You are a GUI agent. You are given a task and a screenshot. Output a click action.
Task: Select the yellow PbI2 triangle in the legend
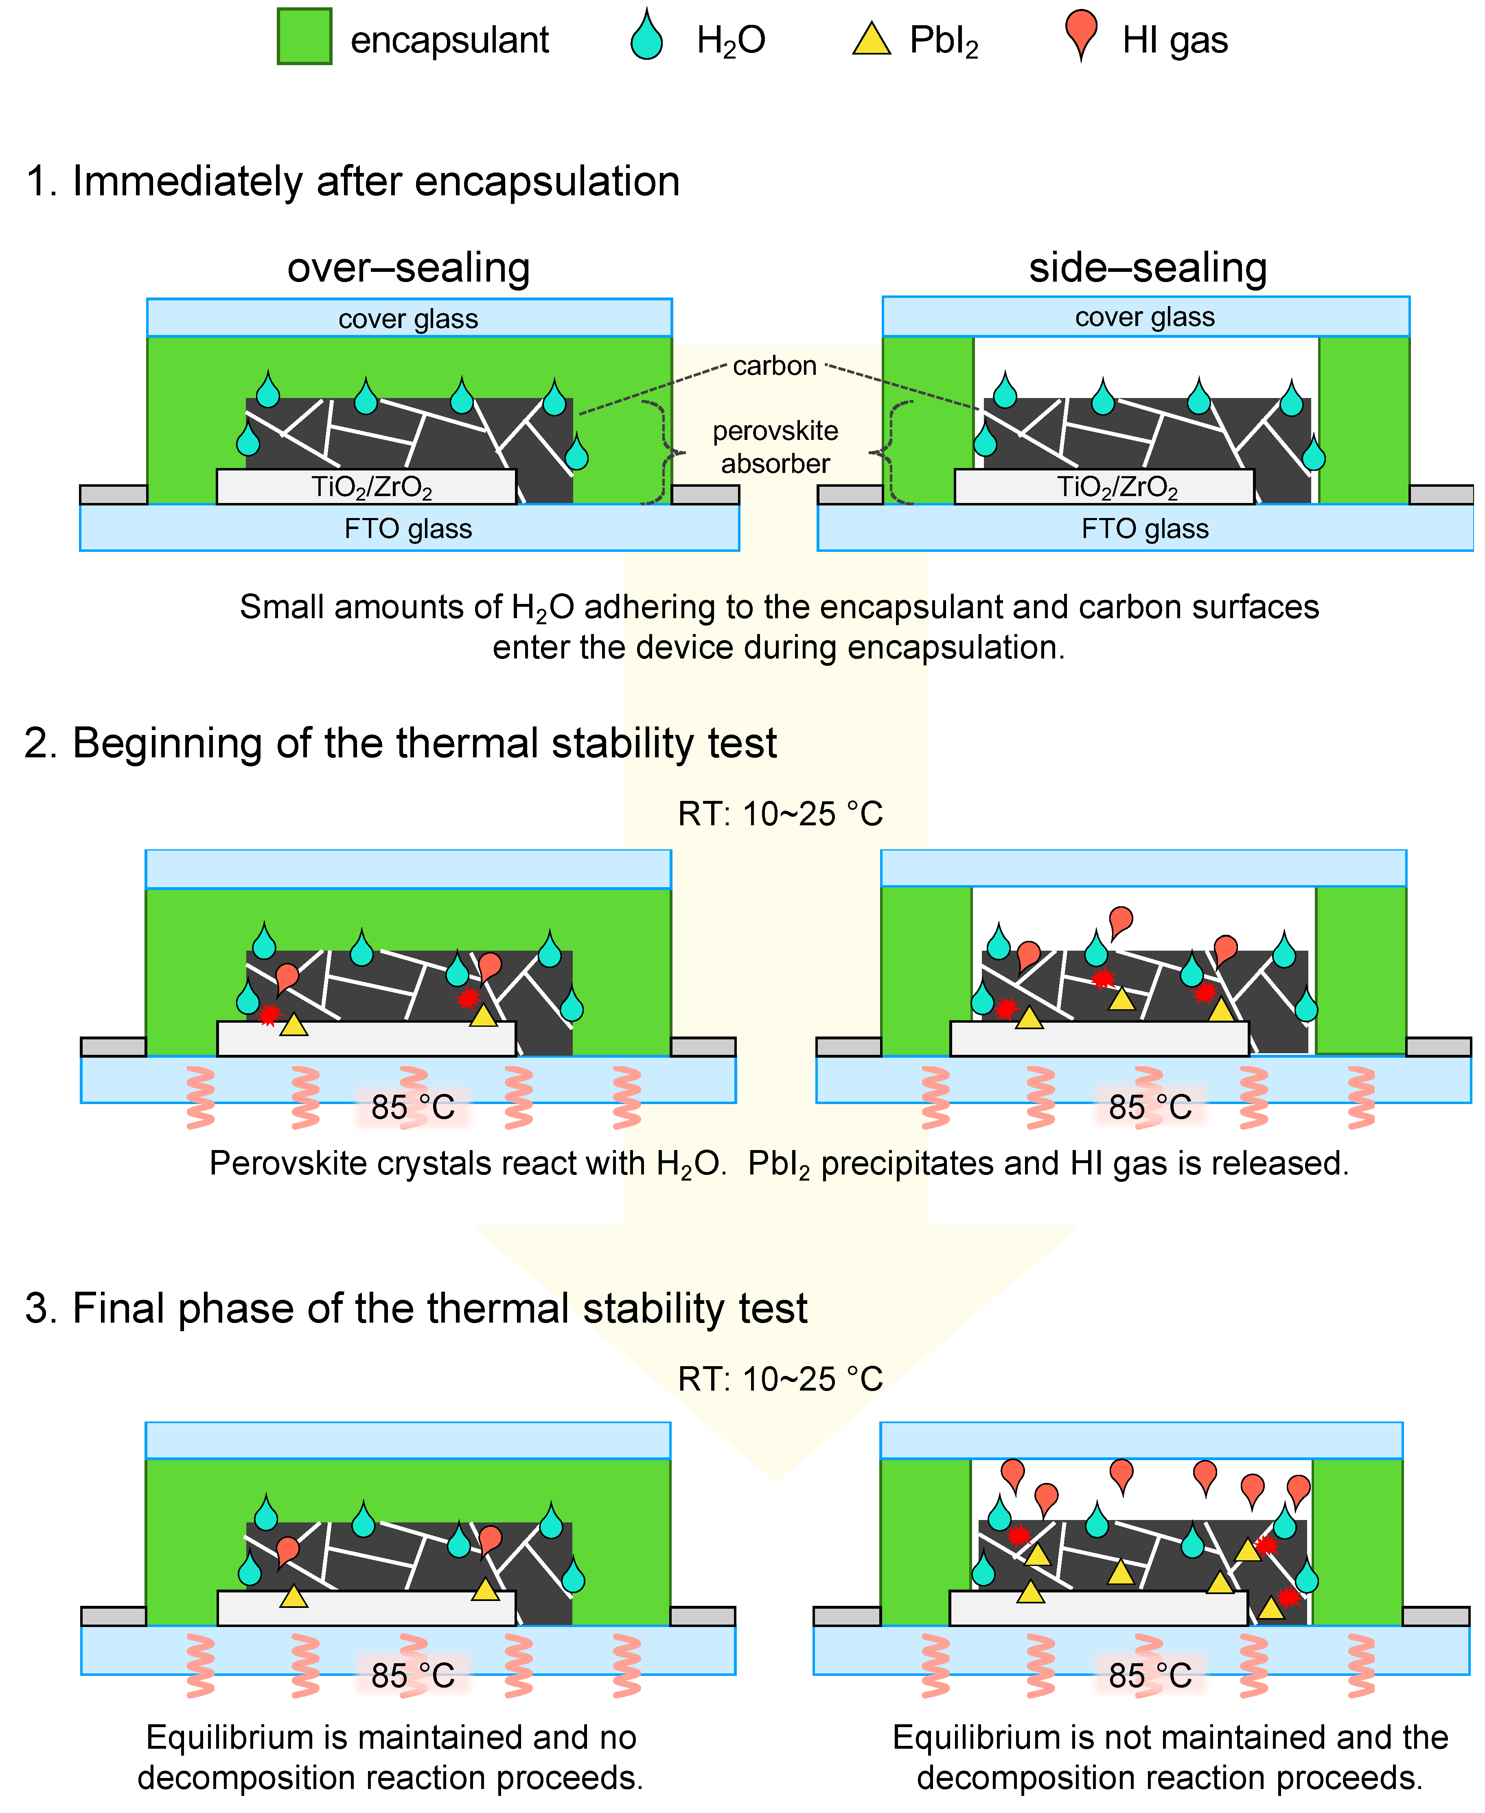[x=872, y=40]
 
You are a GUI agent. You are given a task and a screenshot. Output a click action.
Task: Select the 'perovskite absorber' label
[x=775, y=447]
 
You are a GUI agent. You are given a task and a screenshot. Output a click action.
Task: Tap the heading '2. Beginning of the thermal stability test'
[x=400, y=743]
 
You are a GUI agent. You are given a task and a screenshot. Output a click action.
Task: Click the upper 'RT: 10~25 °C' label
[x=780, y=814]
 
